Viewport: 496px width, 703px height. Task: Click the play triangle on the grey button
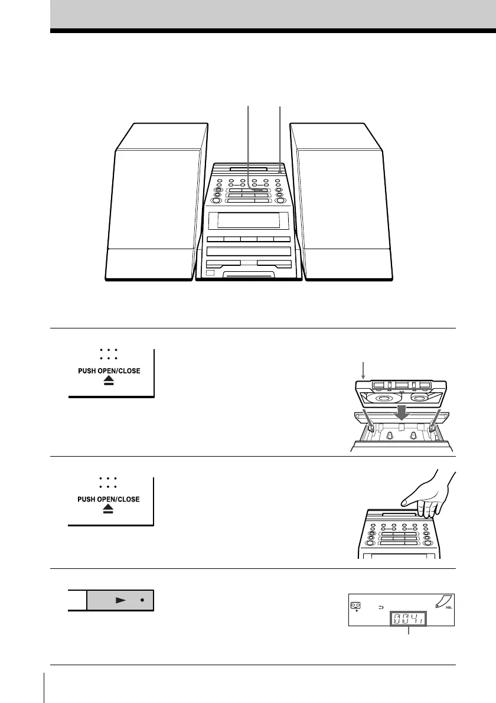(120, 599)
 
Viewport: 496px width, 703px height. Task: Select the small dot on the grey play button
(142, 599)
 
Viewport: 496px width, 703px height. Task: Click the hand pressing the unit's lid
(423, 496)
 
